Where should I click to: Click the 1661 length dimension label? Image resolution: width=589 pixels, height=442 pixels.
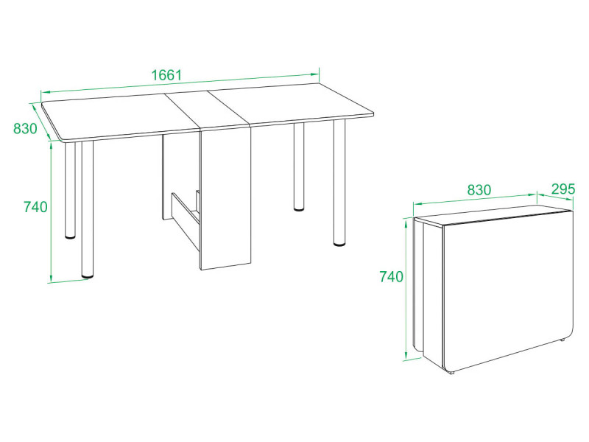click(x=166, y=75)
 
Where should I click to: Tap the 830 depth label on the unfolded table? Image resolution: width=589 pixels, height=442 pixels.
click(x=26, y=128)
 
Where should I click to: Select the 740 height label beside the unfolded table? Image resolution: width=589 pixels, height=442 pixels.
click(x=35, y=207)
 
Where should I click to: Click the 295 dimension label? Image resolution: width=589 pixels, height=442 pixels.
click(x=563, y=189)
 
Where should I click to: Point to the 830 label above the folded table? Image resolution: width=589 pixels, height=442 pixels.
click(x=479, y=190)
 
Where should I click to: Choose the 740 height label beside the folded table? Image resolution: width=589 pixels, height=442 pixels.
click(x=392, y=277)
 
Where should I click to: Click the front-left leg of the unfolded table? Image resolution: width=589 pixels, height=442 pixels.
click(x=87, y=209)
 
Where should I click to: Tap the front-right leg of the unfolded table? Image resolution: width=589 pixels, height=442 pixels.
click(x=339, y=183)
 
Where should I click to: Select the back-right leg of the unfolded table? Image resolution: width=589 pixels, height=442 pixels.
click(x=299, y=166)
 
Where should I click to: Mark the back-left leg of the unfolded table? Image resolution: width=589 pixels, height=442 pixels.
click(x=70, y=190)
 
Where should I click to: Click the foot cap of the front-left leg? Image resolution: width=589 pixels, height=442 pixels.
click(x=88, y=276)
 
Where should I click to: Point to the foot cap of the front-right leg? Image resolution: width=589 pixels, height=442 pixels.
click(x=339, y=245)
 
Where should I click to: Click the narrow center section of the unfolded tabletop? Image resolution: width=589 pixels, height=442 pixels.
click(x=208, y=110)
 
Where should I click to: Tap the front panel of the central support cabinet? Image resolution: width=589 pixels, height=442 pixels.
click(x=226, y=198)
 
